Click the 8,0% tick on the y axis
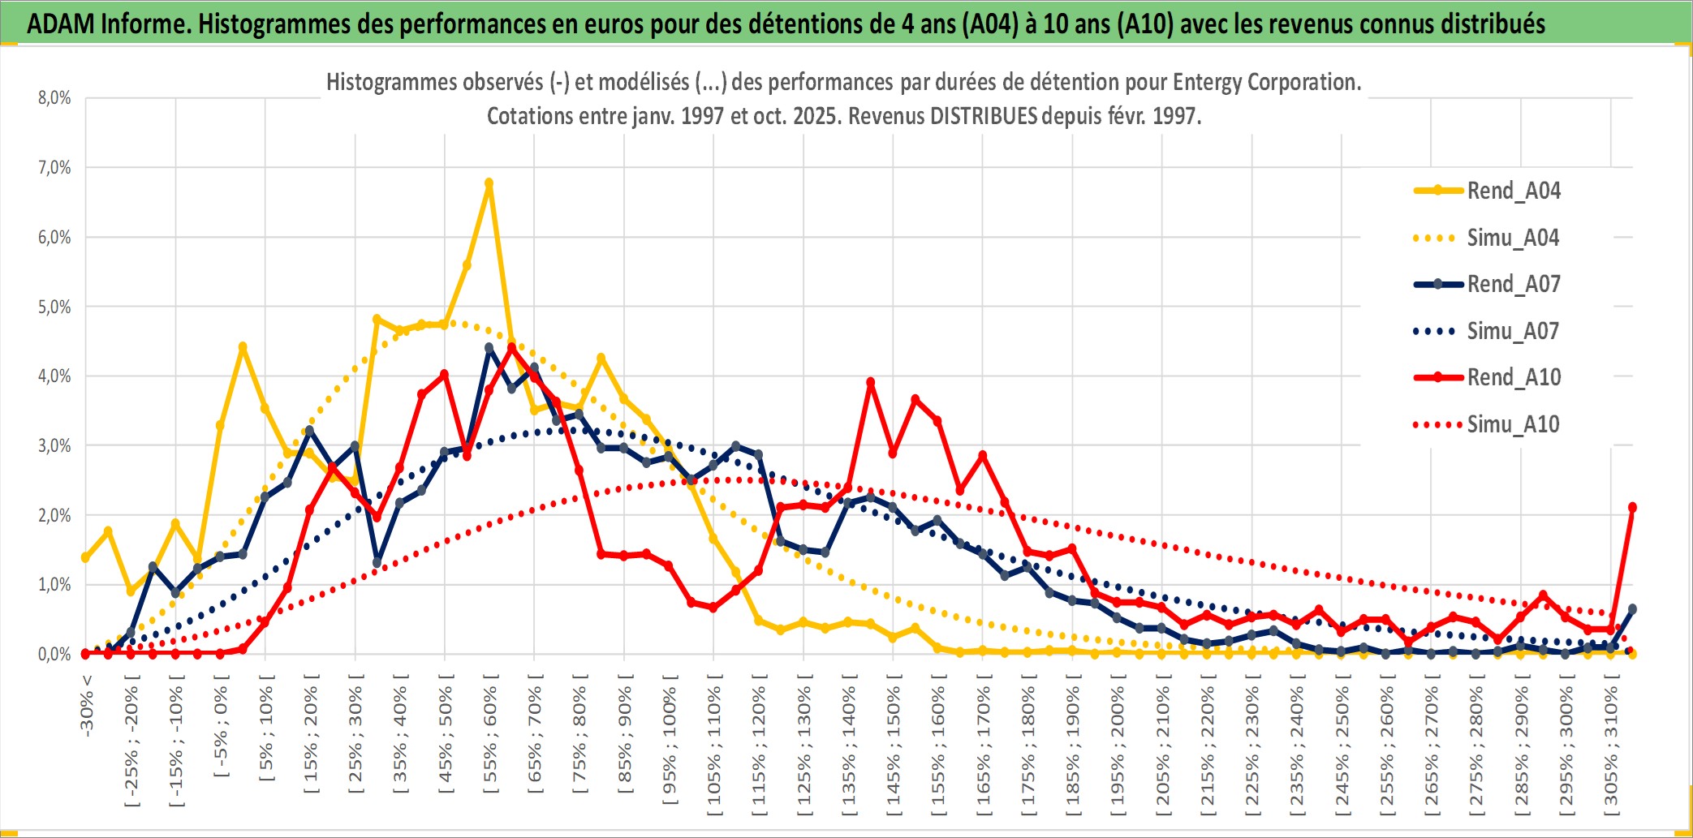point(54,98)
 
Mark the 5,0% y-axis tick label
point(54,307)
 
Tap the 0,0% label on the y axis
point(54,654)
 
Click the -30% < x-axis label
point(86,705)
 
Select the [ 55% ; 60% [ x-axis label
point(489,739)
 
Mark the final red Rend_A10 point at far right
point(1632,507)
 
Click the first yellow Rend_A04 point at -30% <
point(85,557)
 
